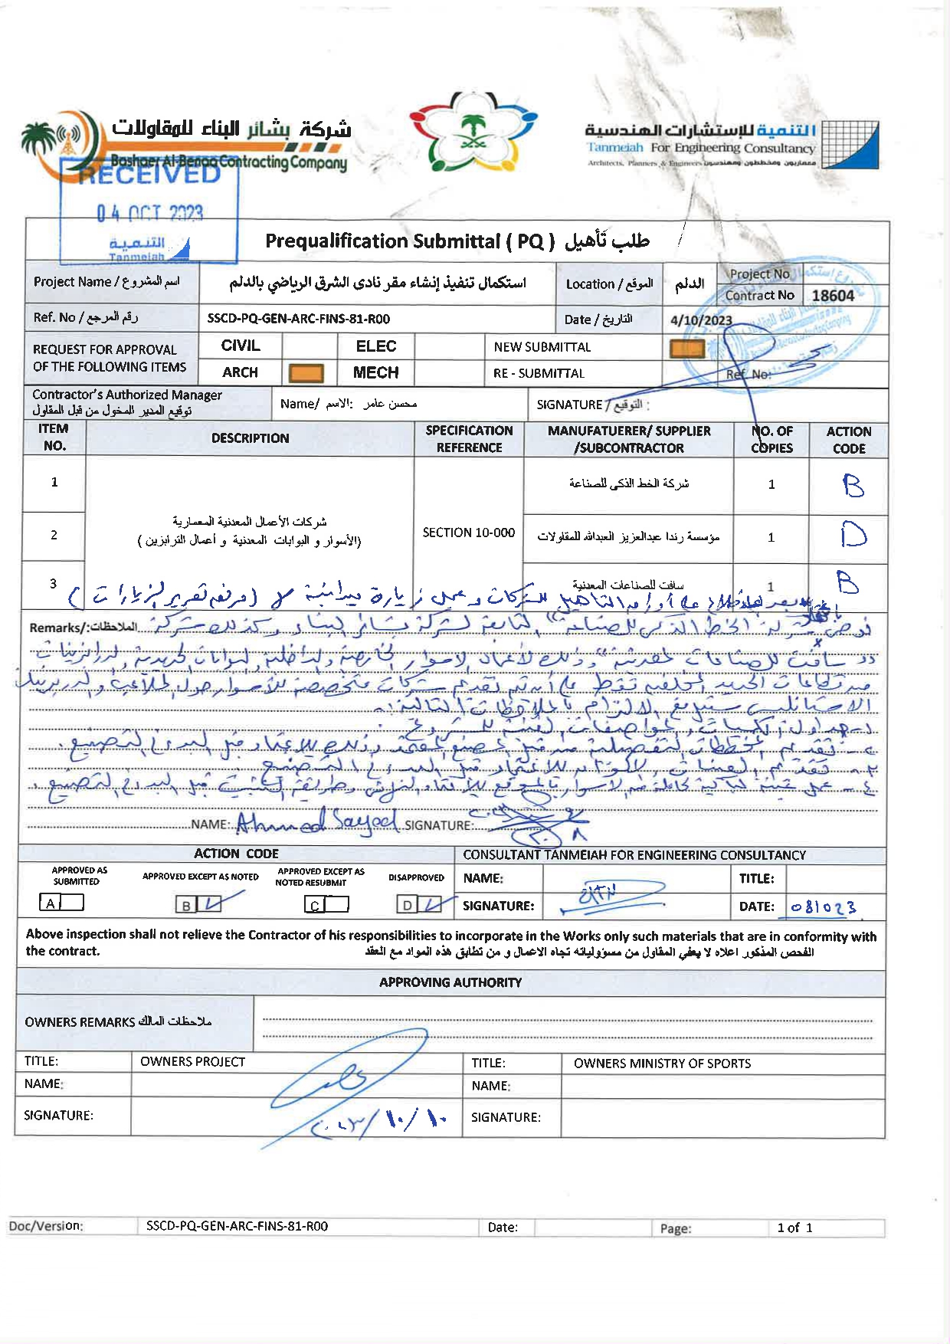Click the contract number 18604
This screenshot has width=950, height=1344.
[x=833, y=296]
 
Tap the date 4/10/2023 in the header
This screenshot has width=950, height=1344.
[x=701, y=320]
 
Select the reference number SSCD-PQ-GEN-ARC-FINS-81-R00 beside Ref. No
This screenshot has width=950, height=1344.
[x=298, y=319]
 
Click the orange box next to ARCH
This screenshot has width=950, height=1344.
[x=306, y=373]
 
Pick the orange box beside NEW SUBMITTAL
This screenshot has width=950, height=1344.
[x=686, y=349]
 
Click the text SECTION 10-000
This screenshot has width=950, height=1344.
[x=468, y=533]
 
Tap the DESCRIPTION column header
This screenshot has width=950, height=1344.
[x=250, y=438]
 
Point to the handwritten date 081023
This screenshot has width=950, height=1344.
[x=824, y=907]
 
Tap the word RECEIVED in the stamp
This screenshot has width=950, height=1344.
[x=149, y=174]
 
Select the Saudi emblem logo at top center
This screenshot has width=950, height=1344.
[x=473, y=131]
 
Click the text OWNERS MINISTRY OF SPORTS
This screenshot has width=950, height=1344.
[x=662, y=1064]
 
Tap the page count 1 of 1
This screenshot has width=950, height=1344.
[x=794, y=1228]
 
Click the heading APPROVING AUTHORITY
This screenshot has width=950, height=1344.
[x=450, y=982]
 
